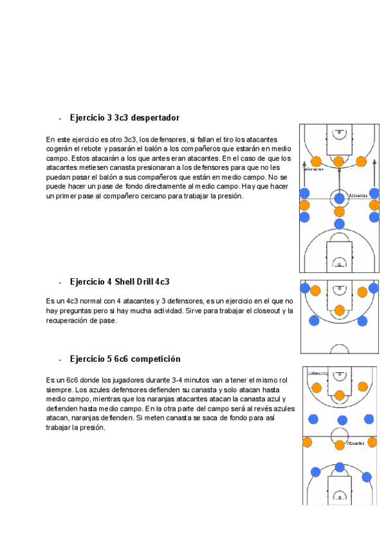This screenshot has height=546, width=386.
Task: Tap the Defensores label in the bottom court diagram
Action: tap(317, 373)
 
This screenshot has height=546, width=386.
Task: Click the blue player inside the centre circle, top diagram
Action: tap(339, 197)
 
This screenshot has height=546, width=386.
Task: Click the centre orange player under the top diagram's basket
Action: tap(338, 162)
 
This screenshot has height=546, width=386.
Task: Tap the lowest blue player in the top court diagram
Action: tap(339, 223)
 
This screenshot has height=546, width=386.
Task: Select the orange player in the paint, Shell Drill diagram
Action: tap(339, 310)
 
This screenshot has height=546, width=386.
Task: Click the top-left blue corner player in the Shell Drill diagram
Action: tap(304, 288)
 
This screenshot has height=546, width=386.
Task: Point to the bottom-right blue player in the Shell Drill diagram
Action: tap(362, 321)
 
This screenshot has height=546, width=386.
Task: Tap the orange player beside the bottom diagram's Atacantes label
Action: tap(339, 444)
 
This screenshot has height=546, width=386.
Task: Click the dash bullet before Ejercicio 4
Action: tap(60, 283)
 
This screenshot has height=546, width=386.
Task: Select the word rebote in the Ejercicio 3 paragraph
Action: tap(93, 148)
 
